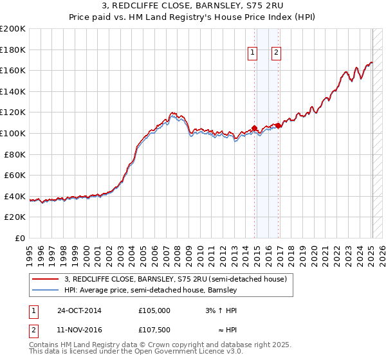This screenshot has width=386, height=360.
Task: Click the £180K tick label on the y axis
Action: tap(13, 50)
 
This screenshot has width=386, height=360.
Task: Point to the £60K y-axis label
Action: tap(15, 175)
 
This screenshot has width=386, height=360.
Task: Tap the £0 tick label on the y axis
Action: tap(20, 238)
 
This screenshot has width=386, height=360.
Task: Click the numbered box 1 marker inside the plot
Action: tap(252, 53)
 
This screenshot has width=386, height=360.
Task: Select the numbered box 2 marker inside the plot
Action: tap(276, 53)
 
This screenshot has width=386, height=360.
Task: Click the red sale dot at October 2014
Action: tap(254, 128)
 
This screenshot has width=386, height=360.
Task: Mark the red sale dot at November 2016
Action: tap(278, 125)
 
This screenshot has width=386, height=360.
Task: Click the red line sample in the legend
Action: tap(45, 278)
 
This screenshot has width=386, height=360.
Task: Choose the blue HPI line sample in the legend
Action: tap(45, 290)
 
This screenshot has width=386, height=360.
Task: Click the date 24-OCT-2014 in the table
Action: tap(79, 310)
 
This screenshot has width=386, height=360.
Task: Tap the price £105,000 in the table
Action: tap(154, 310)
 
